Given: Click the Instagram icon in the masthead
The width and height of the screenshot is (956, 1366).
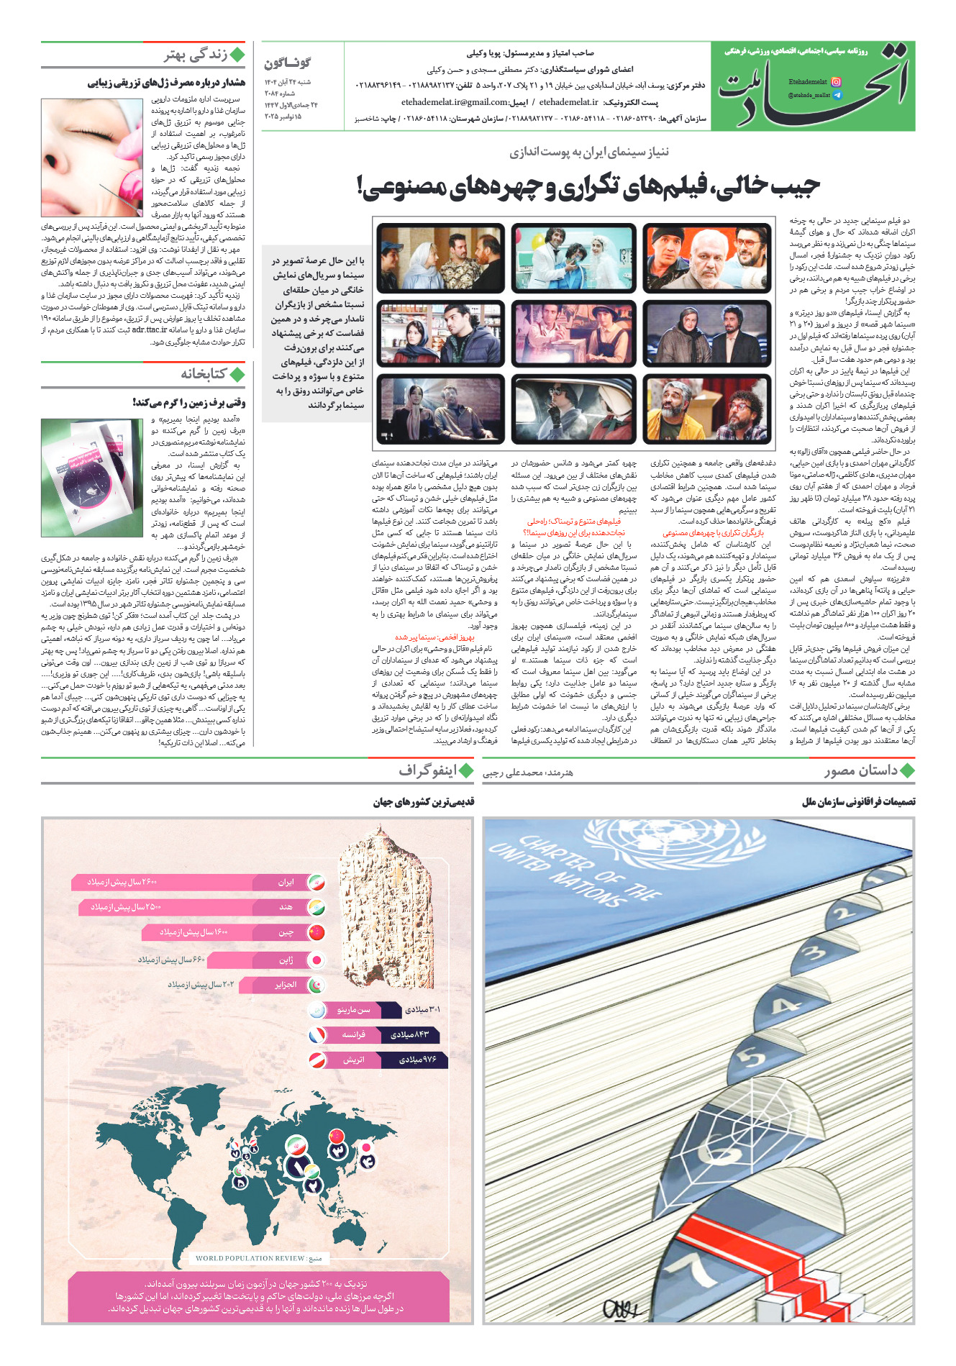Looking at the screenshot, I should (836, 82).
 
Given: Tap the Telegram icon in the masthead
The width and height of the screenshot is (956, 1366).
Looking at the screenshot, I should (836, 95).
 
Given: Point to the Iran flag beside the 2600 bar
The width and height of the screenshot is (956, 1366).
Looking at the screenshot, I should (316, 883).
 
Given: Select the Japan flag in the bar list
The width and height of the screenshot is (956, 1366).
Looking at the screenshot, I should (316, 960).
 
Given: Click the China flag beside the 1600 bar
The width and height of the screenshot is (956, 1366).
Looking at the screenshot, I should (316, 933).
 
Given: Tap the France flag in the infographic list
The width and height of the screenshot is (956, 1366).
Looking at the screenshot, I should (317, 1035).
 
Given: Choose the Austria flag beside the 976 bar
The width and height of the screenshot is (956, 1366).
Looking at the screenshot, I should (317, 1060).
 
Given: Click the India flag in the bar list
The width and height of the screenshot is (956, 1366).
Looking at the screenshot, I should (316, 908).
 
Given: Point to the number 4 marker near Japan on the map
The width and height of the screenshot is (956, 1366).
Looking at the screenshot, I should (368, 1160).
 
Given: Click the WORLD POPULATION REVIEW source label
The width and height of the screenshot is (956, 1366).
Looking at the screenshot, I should (250, 1258).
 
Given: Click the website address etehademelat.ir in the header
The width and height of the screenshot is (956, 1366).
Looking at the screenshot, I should (568, 102).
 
